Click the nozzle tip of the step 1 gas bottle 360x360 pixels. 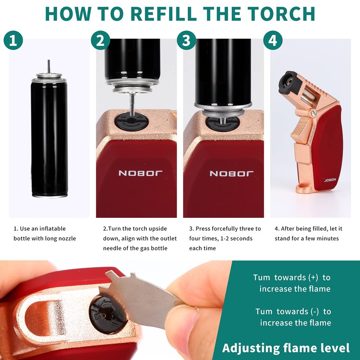point(48,62)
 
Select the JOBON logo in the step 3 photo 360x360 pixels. point(232,173)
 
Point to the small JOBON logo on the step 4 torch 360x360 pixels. point(330,179)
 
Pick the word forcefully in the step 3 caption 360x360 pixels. point(224,229)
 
